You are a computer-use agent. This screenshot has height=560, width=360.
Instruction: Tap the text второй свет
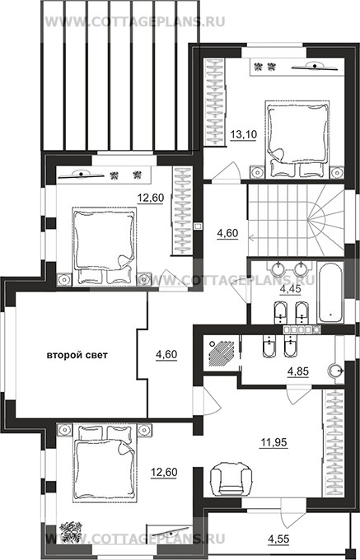pyautogui.click(x=77, y=355)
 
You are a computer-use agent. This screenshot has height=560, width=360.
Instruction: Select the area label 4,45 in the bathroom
pyautogui.click(x=290, y=289)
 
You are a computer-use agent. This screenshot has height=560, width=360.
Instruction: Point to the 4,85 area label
pyautogui.click(x=298, y=371)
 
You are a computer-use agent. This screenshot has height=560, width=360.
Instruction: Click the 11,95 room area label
pyautogui.click(x=274, y=443)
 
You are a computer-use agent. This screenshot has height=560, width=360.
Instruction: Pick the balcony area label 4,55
pyautogui.click(x=278, y=539)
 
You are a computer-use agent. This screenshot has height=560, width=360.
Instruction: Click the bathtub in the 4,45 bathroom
pyautogui.click(x=330, y=292)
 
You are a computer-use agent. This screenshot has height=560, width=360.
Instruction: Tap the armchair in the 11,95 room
pyautogui.click(x=231, y=479)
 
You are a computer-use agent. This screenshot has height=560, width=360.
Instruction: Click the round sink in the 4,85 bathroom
pyautogui.click(x=336, y=369)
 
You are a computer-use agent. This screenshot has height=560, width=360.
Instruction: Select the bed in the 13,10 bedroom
pyautogui.click(x=297, y=139)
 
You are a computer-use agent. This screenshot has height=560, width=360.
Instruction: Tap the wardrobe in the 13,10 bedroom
pyautogui.click(x=215, y=102)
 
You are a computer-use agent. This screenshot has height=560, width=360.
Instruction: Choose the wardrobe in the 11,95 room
pyautogui.click(x=334, y=443)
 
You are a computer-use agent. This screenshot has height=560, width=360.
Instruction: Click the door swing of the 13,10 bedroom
pyautogui.click(x=226, y=172)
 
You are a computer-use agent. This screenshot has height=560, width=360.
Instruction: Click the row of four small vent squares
pyautogui.click(x=298, y=329)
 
